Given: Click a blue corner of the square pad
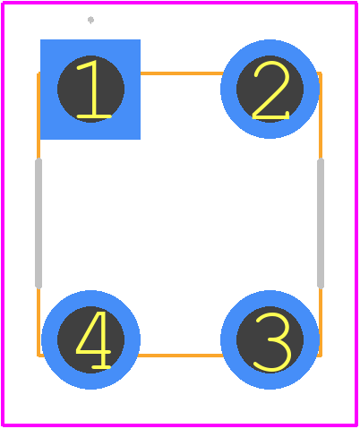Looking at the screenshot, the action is pos(42,41).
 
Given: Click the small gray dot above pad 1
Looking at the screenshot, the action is pos(90,20).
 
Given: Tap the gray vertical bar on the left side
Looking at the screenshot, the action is pos(39,223).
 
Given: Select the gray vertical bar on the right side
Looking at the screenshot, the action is pos(321,223).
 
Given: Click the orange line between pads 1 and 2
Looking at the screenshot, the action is pos(181,73).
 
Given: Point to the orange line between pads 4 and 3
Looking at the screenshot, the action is pos(181,356).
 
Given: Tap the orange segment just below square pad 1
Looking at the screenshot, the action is pos(39,150).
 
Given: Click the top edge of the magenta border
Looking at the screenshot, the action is pos(180,3).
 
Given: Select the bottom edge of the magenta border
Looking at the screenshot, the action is pos(180,425).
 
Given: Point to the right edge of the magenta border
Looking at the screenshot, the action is pos(356,214).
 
